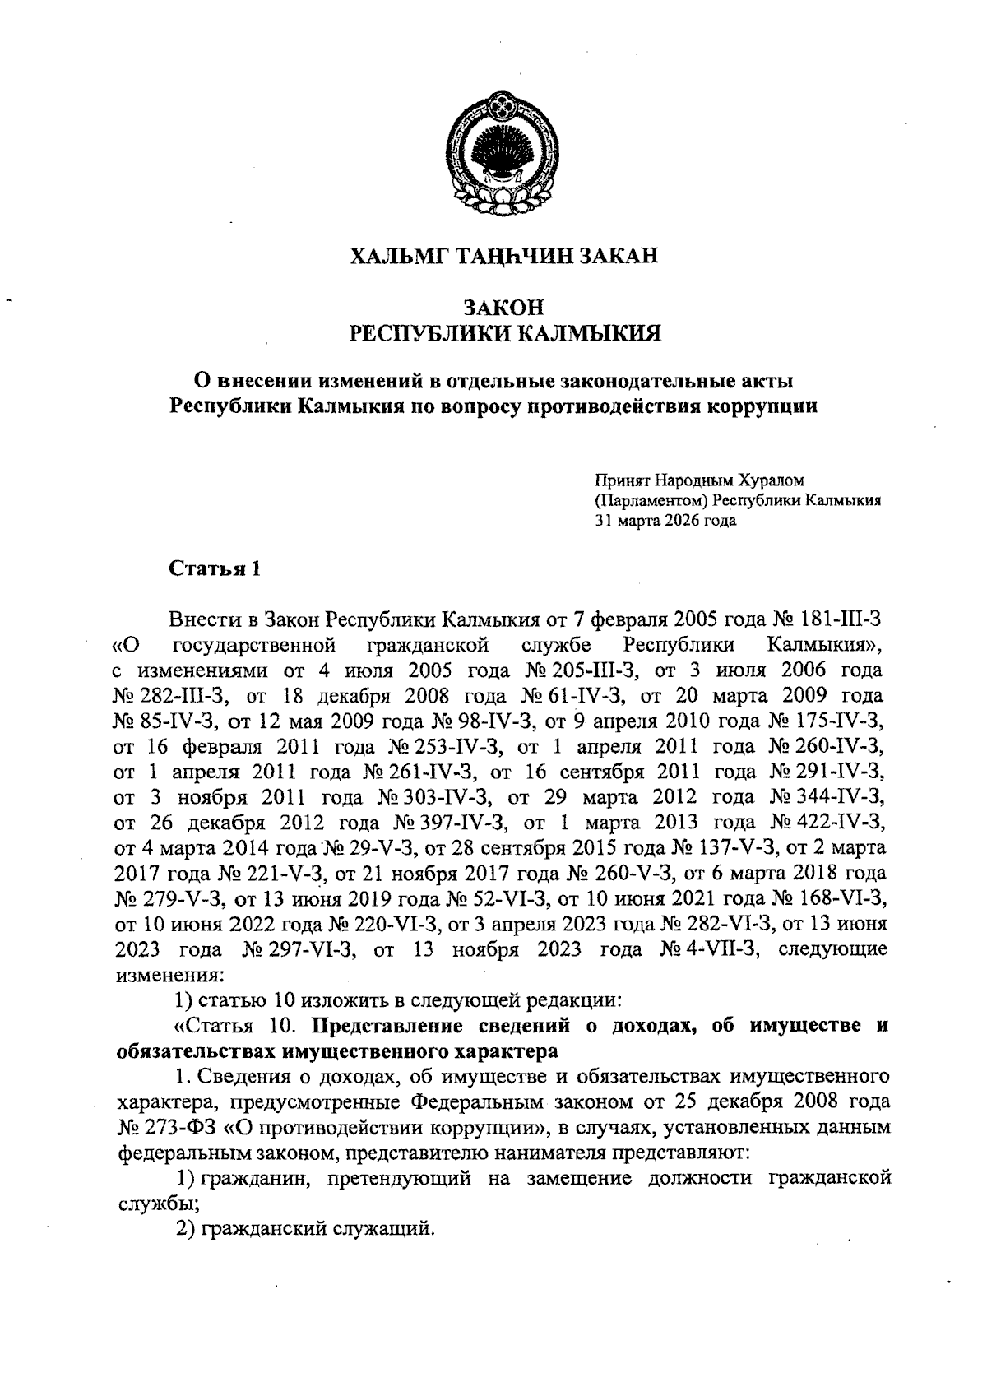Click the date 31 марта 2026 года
coord(666,521)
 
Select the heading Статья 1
coord(215,568)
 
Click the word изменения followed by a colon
coord(167,975)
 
